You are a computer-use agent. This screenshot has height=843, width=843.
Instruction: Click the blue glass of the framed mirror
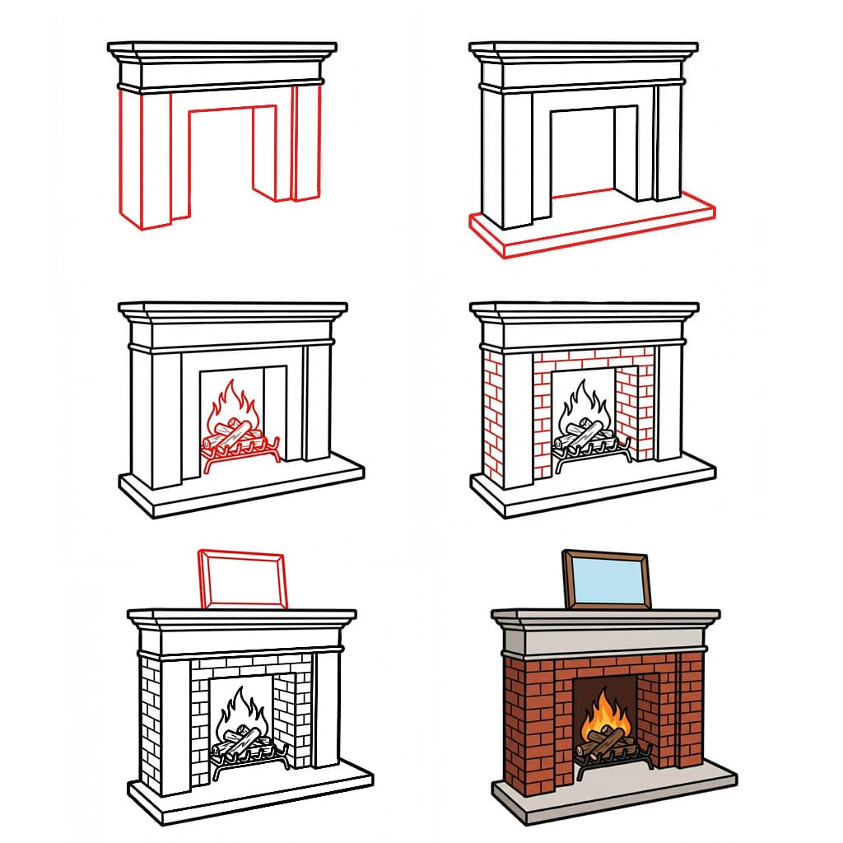608,581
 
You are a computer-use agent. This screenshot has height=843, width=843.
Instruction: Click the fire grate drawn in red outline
241,458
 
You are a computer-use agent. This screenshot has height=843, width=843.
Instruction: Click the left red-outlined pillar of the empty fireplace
140,156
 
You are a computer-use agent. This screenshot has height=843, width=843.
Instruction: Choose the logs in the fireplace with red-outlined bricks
585,435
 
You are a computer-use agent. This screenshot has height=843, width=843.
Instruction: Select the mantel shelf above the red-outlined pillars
222,49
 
